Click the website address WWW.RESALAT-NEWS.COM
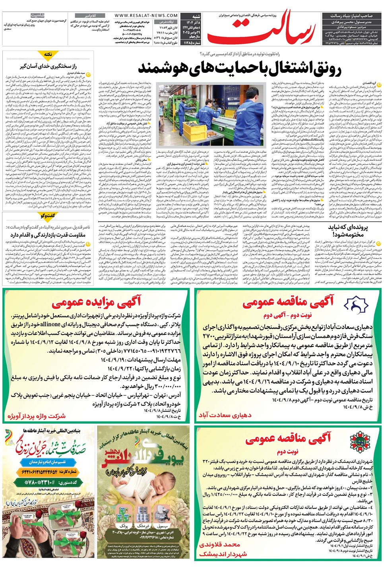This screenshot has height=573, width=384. (x=146, y=16)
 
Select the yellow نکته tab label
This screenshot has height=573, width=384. (x=48, y=54)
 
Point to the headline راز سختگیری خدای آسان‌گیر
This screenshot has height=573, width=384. (x=48, y=66)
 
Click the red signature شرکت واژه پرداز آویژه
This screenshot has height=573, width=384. (x=37, y=416)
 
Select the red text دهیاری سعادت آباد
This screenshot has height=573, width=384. (x=225, y=415)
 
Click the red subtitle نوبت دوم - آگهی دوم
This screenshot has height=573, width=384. (x=287, y=315)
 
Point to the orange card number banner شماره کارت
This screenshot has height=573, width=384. (x=49, y=472)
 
